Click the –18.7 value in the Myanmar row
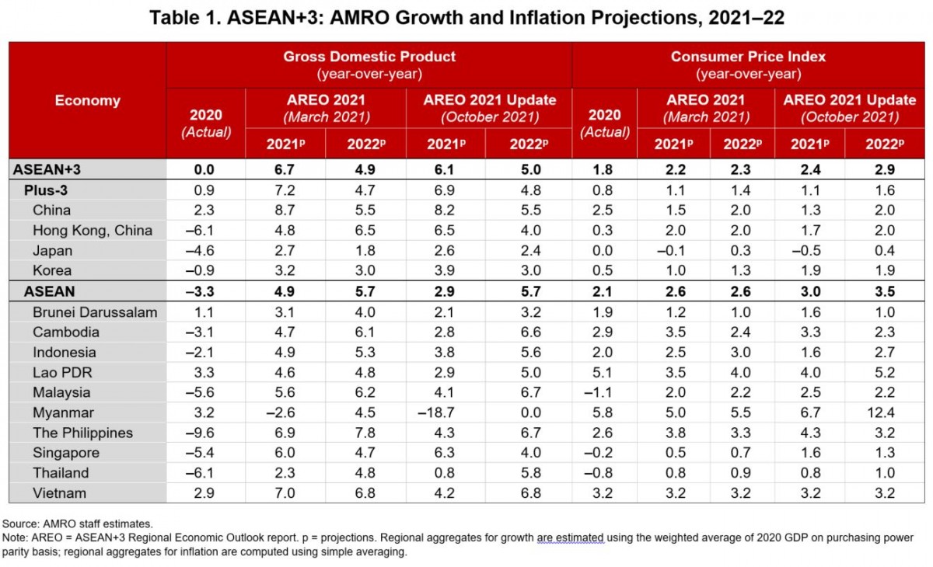coord(445,412)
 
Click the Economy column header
coord(87,100)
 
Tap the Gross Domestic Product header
coord(369,57)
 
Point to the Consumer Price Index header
coord(747,57)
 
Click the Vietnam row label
coord(59,493)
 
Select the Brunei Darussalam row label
coord(94,312)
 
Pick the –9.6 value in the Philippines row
coord(205,433)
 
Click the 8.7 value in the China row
coord(285,210)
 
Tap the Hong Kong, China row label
coord(92,230)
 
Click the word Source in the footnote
coord(20,524)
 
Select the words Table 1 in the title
coord(177,18)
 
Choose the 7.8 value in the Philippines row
coord(365,433)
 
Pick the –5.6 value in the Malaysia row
coord(205,392)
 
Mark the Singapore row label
coord(65,453)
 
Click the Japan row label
coord(52,250)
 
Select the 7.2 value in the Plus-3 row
coord(285,190)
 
